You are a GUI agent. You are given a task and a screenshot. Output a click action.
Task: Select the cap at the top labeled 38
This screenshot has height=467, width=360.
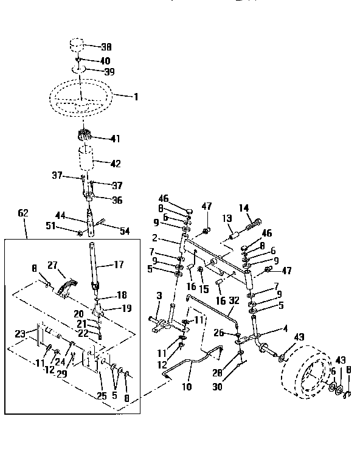pyautogui.click(x=77, y=46)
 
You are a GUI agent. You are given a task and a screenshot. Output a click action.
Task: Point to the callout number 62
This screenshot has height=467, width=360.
pyautogui.click(x=23, y=213)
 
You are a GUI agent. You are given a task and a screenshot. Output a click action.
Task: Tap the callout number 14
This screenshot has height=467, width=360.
pyautogui.click(x=244, y=208)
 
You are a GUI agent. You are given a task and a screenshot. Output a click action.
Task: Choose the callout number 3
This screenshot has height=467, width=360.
pyautogui.click(x=159, y=296)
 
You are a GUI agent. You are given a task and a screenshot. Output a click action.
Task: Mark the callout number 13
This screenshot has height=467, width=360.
pyautogui.click(x=227, y=218)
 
